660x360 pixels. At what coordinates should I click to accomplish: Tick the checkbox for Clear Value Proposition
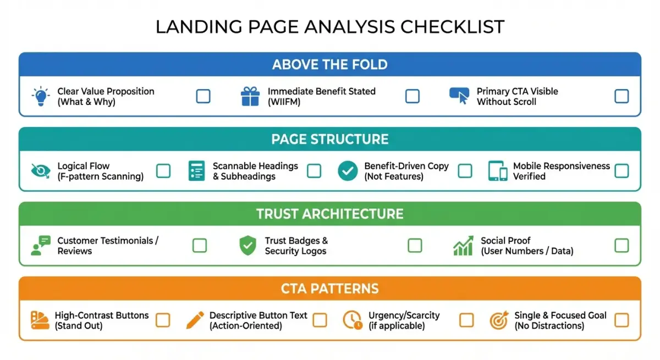(203, 96)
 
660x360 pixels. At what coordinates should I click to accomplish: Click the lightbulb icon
(41, 96)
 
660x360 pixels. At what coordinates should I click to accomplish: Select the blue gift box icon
(250, 96)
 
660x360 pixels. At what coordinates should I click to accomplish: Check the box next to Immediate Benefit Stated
(413, 96)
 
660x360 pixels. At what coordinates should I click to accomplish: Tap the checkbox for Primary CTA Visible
(621, 96)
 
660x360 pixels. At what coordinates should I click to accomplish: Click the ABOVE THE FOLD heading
(329, 64)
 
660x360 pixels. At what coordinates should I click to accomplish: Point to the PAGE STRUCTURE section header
(329, 139)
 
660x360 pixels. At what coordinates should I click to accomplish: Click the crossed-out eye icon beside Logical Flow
(41, 171)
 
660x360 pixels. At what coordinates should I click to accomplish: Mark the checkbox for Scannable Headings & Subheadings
(314, 171)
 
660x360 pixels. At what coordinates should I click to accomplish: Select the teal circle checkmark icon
(348, 171)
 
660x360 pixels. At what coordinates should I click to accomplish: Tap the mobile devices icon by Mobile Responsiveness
(498, 171)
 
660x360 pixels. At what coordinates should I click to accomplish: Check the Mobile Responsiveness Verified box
(621, 171)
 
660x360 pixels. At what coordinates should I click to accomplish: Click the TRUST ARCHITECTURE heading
(329, 214)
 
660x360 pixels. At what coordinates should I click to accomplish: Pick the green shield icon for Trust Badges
(248, 246)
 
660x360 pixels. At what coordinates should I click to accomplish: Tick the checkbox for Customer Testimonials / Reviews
(200, 246)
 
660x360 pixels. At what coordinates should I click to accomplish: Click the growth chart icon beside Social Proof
(463, 246)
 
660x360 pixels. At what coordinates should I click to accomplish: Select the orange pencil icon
(195, 320)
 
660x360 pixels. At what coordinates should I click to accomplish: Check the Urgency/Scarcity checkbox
(466, 320)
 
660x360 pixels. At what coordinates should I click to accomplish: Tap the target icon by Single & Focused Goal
(499, 320)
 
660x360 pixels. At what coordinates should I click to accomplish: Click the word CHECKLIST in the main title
(452, 26)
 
